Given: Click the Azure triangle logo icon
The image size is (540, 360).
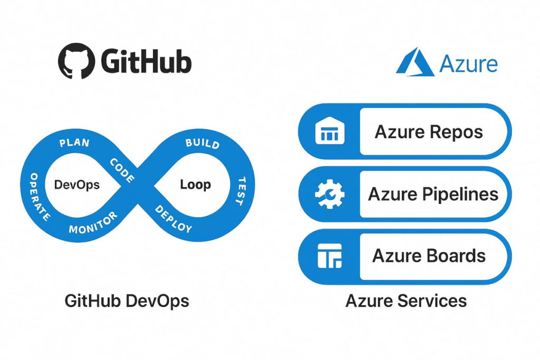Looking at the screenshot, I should (x=415, y=63).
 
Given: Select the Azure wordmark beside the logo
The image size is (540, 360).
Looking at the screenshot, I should (x=468, y=64).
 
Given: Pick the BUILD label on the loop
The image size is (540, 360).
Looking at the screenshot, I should (x=202, y=144).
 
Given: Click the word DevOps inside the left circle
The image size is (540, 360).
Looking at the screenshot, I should (x=77, y=185).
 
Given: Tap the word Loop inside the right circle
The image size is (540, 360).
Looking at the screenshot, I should (x=195, y=184).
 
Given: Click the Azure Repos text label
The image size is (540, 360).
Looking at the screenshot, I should (x=428, y=132).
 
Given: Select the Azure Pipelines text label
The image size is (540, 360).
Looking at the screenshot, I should (x=432, y=194).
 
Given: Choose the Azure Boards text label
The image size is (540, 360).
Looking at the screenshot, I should (x=429, y=256).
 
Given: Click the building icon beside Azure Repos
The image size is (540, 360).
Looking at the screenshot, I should (x=330, y=132).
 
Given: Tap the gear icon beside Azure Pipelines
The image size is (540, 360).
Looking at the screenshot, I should (x=330, y=194).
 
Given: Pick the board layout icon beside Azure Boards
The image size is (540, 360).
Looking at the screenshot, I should (x=330, y=256).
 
